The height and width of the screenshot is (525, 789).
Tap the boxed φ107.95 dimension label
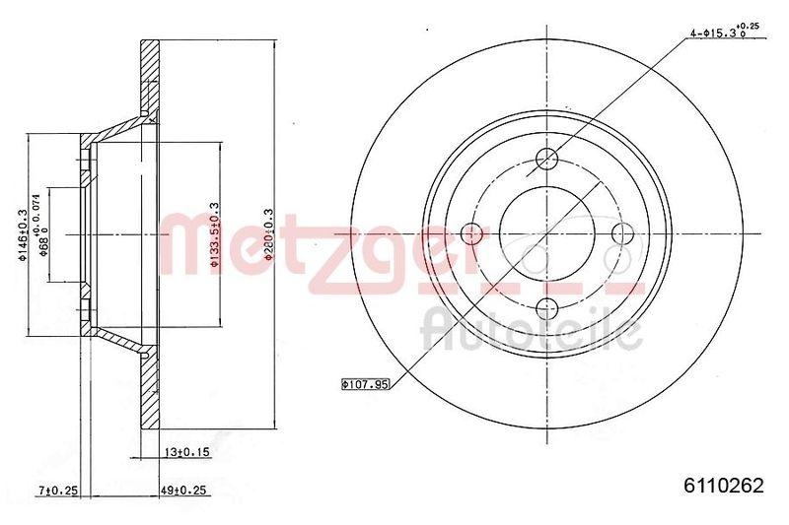coord(365,384)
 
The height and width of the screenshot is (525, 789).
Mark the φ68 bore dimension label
coord(43,234)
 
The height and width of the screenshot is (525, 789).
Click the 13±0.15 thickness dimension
coord(185,453)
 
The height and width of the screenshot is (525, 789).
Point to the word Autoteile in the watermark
coord(533,328)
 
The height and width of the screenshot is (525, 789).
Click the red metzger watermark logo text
coord(325,246)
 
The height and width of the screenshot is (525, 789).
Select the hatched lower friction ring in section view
coord(150,394)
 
